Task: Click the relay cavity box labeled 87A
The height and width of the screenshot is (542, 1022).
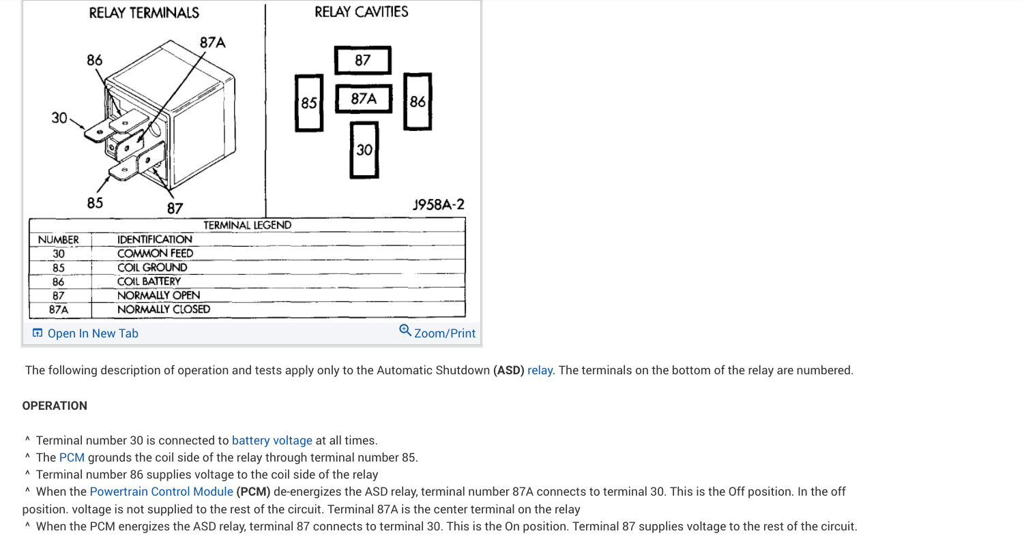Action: (364, 99)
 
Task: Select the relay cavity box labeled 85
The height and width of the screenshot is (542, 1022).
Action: (309, 102)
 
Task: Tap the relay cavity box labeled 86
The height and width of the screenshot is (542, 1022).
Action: (418, 102)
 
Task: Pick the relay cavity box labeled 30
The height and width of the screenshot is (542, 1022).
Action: (364, 149)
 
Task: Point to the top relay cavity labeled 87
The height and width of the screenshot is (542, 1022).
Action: (363, 60)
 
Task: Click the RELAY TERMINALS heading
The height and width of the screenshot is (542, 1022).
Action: (144, 13)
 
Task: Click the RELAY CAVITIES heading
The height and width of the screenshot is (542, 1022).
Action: (362, 12)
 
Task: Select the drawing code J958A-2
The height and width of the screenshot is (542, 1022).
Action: (439, 204)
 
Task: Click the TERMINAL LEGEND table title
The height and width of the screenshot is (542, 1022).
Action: (247, 225)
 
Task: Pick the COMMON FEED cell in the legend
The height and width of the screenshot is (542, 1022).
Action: (155, 253)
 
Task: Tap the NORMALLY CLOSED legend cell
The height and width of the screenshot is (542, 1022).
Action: (164, 309)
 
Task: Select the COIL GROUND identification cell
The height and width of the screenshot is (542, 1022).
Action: (152, 267)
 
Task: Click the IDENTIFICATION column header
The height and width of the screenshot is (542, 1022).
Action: (154, 239)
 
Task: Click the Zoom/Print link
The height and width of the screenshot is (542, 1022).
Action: (437, 333)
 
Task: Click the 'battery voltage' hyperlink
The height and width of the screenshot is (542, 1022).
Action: (272, 440)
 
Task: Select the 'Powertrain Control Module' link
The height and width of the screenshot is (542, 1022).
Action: (162, 492)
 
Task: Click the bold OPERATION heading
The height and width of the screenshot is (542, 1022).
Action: (55, 406)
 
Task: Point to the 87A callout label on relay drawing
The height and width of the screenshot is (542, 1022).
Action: (212, 42)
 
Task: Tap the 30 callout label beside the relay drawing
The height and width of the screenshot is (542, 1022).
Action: (59, 118)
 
